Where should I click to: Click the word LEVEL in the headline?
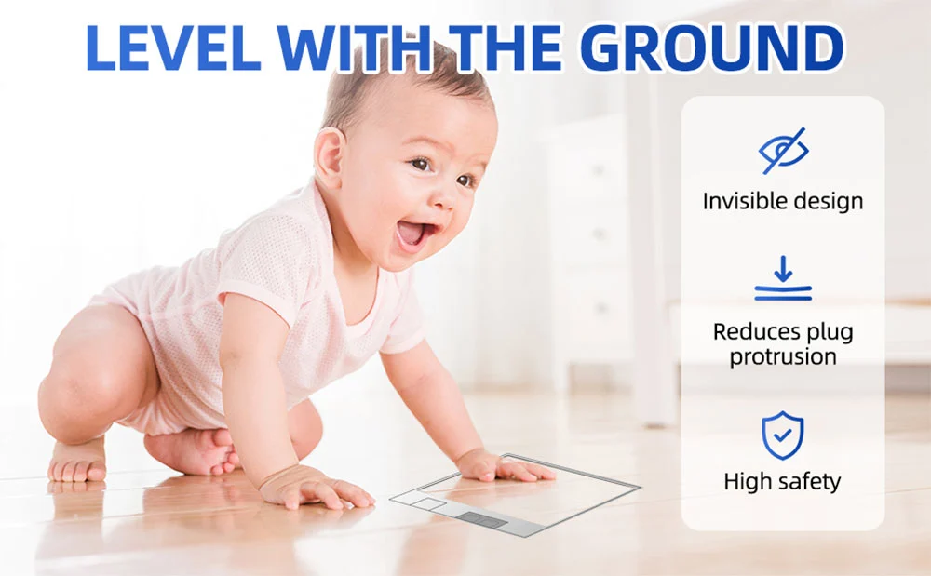click(x=174, y=48)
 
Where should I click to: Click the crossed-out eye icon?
click(x=783, y=151)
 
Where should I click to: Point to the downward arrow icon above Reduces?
click(x=783, y=278)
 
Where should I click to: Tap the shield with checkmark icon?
click(x=783, y=435)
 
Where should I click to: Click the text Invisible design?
click(x=783, y=201)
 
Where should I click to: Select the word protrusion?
click(x=783, y=357)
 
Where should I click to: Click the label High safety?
click(x=783, y=481)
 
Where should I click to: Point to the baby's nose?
click(x=444, y=196)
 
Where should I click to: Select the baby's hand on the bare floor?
click(x=315, y=487)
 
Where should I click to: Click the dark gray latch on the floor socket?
click(x=481, y=520)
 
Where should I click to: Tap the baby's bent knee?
click(x=65, y=398)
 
